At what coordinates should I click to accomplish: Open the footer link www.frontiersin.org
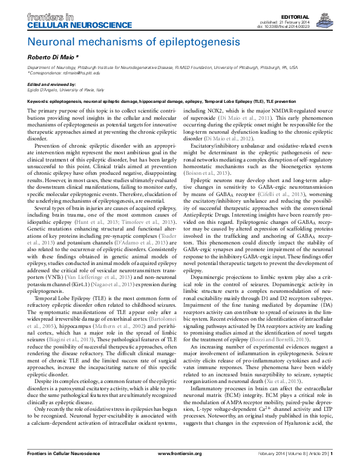click(x=180, y=469)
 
